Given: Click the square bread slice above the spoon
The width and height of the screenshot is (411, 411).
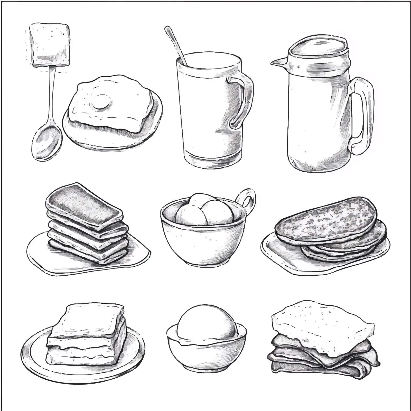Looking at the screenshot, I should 50,44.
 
